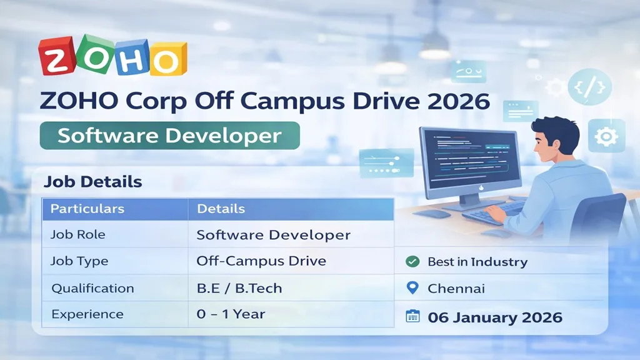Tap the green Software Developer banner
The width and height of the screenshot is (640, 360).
coord(169,136)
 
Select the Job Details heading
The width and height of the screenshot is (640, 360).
coord(93,182)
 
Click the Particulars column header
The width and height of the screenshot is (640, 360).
coord(87,209)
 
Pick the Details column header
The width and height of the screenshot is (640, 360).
coord(221,209)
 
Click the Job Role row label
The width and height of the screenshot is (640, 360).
coord(77,235)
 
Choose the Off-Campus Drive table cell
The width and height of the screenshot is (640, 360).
coord(261,261)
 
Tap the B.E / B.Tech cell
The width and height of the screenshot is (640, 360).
coord(239,288)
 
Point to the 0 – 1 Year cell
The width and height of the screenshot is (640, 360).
coord(231,314)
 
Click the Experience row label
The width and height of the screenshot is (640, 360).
coord(87,314)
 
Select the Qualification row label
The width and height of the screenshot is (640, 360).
coord(92,288)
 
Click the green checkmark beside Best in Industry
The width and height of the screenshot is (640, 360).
coord(412,262)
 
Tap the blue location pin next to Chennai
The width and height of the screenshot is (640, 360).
coord(412,288)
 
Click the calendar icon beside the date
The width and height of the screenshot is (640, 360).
coord(412,316)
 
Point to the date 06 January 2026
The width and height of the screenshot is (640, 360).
coord(495,317)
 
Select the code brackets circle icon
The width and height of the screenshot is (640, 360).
coord(589,86)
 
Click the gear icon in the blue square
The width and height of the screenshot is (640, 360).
coord(606,136)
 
